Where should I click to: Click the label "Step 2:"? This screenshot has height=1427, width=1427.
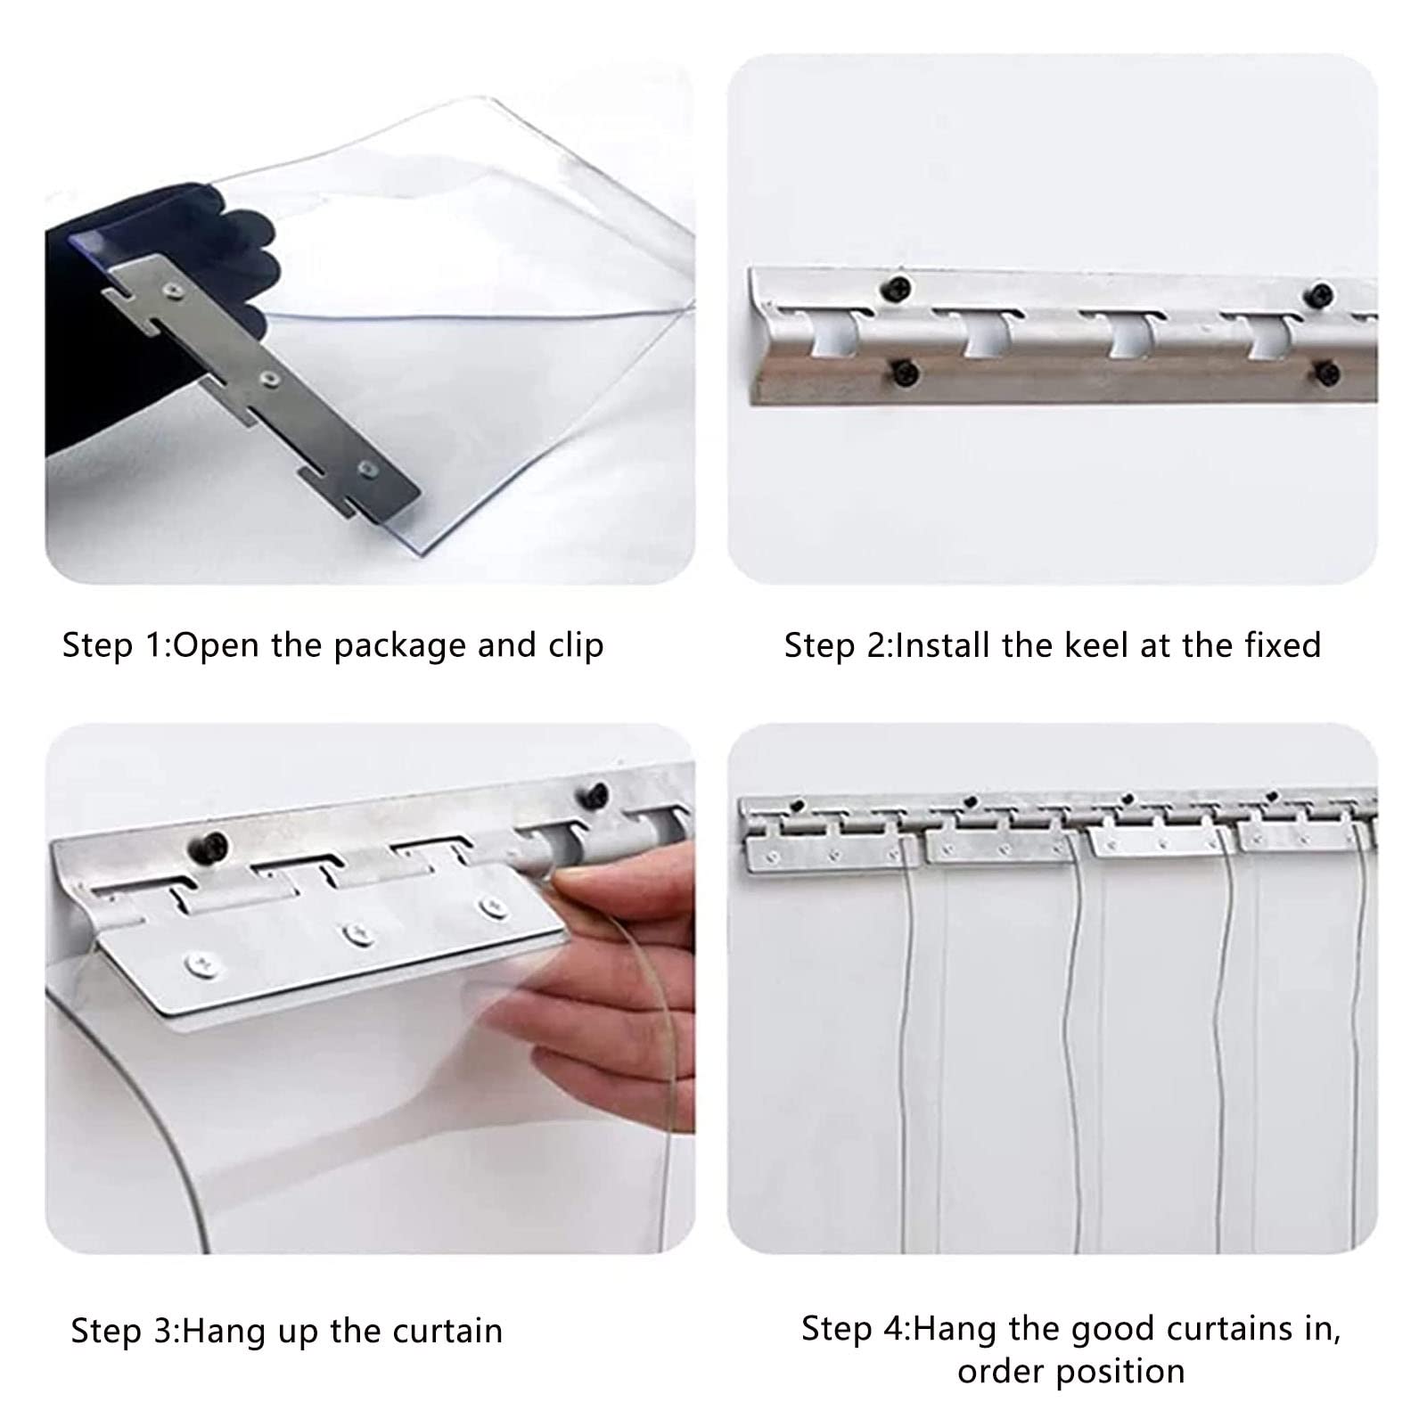(x=838, y=645)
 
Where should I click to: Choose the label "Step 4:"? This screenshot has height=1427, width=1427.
(x=856, y=1328)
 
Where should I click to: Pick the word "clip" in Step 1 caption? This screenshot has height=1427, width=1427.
(x=576, y=646)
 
